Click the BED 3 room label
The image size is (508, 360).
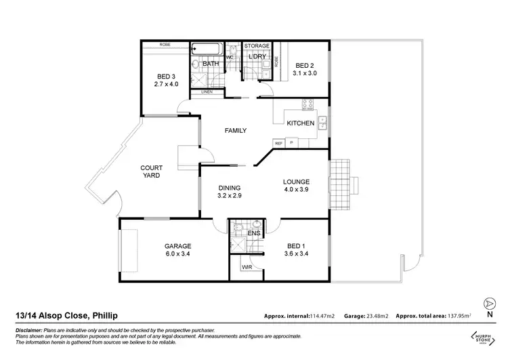click(x=165, y=76)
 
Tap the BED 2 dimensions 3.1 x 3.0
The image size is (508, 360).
click(x=304, y=73)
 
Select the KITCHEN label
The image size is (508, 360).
click(x=300, y=123)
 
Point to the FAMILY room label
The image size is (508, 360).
click(x=236, y=130)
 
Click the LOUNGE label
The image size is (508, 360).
click(x=297, y=182)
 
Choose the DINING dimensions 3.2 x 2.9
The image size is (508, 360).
click(x=229, y=196)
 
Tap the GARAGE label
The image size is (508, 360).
click(x=177, y=246)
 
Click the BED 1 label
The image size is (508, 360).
click(x=297, y=246)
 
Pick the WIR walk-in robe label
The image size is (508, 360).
click(x=247, y=268)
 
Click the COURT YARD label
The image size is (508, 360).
click(x=150, y=171)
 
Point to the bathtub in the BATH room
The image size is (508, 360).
click(x=206, y=49)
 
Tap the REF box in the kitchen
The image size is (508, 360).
click(x=278, y=143)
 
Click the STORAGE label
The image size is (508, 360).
click(x=257, y=45)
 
